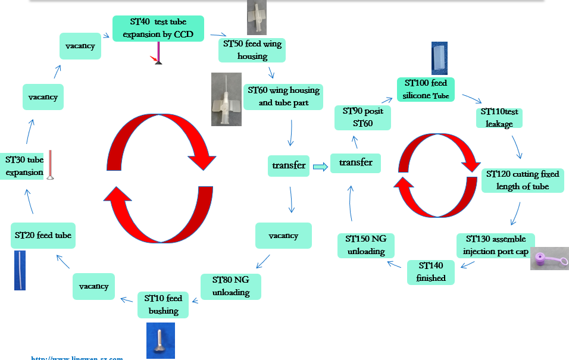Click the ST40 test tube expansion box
158,29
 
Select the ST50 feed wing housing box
252,50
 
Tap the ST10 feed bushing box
164,305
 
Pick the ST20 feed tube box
43,235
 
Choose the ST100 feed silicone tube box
426,89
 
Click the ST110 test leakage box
499,117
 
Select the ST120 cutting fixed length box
523,180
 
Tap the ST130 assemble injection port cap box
495,245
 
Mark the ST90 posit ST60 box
362,117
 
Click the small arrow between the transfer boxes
320,167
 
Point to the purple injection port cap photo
549,259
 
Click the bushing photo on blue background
161,340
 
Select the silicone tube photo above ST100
439,58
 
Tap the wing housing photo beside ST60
226,99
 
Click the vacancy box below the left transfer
283,236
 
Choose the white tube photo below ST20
20,270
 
